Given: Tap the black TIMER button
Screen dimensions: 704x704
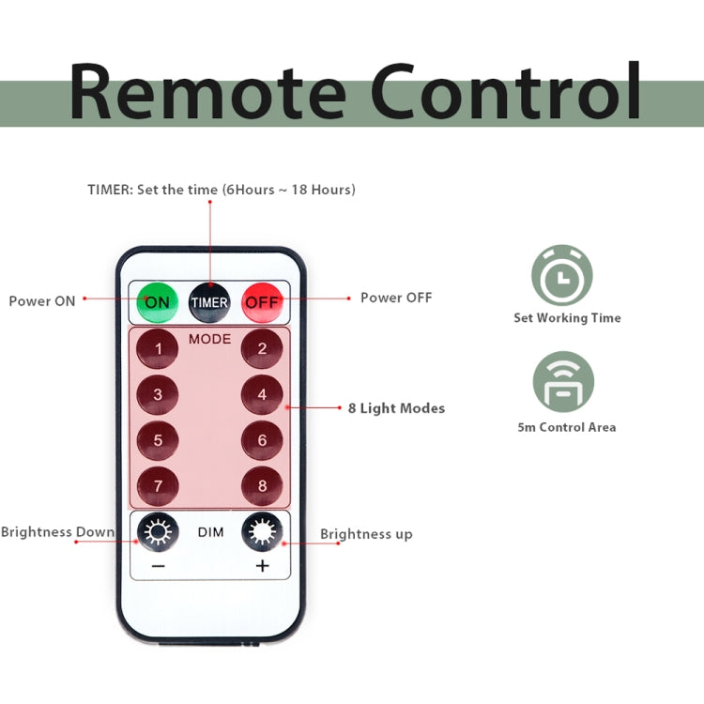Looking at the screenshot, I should tap(209, 302).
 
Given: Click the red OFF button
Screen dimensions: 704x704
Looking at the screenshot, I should tap(262, 302).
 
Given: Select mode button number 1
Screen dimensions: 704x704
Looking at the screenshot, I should tap(158, 350).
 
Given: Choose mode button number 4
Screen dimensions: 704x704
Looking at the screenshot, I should tap(262, 394).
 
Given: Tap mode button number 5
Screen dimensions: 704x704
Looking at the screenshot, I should tap(158, 439).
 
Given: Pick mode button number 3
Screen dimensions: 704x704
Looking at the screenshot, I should tap(158, 394).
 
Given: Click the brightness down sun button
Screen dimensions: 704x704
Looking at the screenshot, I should tap(157, 533).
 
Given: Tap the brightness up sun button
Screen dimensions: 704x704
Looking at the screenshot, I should tap(262, 533).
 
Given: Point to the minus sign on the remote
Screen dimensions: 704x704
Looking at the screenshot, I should tap(157, 566).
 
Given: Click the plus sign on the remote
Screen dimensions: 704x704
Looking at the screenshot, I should tap(262, 566).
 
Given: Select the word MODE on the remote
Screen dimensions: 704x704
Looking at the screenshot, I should tap(209, 339).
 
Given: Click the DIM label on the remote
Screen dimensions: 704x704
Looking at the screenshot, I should tap(209, 533).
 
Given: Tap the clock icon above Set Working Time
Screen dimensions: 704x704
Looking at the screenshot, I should tap(562, 276).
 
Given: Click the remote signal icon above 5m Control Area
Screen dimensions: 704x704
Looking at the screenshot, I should tap(563, 382).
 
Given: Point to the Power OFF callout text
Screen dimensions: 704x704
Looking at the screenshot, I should tap(396, 298).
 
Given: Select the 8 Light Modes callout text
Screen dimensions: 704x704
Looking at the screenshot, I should tap(396, 408).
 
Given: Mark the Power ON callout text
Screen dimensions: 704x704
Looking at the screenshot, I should tap(42, 301).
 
